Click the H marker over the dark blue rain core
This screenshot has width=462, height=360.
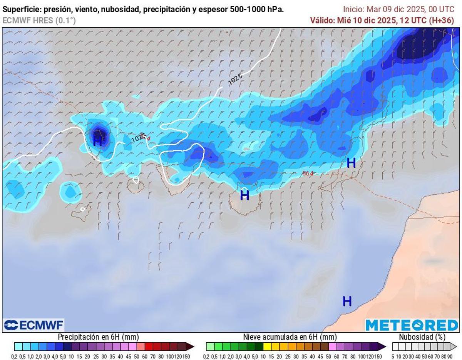click(98, 141)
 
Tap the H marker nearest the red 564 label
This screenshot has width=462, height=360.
click(351, 163)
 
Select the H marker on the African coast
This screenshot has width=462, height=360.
click(347, 301)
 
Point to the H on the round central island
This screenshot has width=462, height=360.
click(244, 195)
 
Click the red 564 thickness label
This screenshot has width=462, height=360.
click(308, 173)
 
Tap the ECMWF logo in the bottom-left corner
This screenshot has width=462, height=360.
click(34, 325)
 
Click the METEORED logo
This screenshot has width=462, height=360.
click(412, 325)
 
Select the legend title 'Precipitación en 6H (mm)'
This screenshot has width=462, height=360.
click(98, 337)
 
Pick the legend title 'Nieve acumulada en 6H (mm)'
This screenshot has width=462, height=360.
click(290, 337)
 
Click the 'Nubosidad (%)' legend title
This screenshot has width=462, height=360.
click(422, 337)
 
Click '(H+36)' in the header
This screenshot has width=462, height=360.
click(441, 21)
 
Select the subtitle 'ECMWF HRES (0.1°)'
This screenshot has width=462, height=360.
click(39, 21)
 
